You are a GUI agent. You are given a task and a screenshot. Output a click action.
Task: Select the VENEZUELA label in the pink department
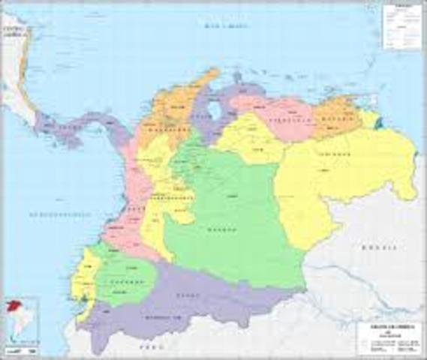pos(291,120)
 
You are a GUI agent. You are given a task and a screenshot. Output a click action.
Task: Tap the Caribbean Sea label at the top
pos(227,28)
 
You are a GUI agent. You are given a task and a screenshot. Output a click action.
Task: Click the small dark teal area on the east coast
pos(379,121)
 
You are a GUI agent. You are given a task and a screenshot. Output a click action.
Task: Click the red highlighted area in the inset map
pos(12,307)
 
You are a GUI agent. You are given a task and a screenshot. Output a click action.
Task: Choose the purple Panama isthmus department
pos(75,127)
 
